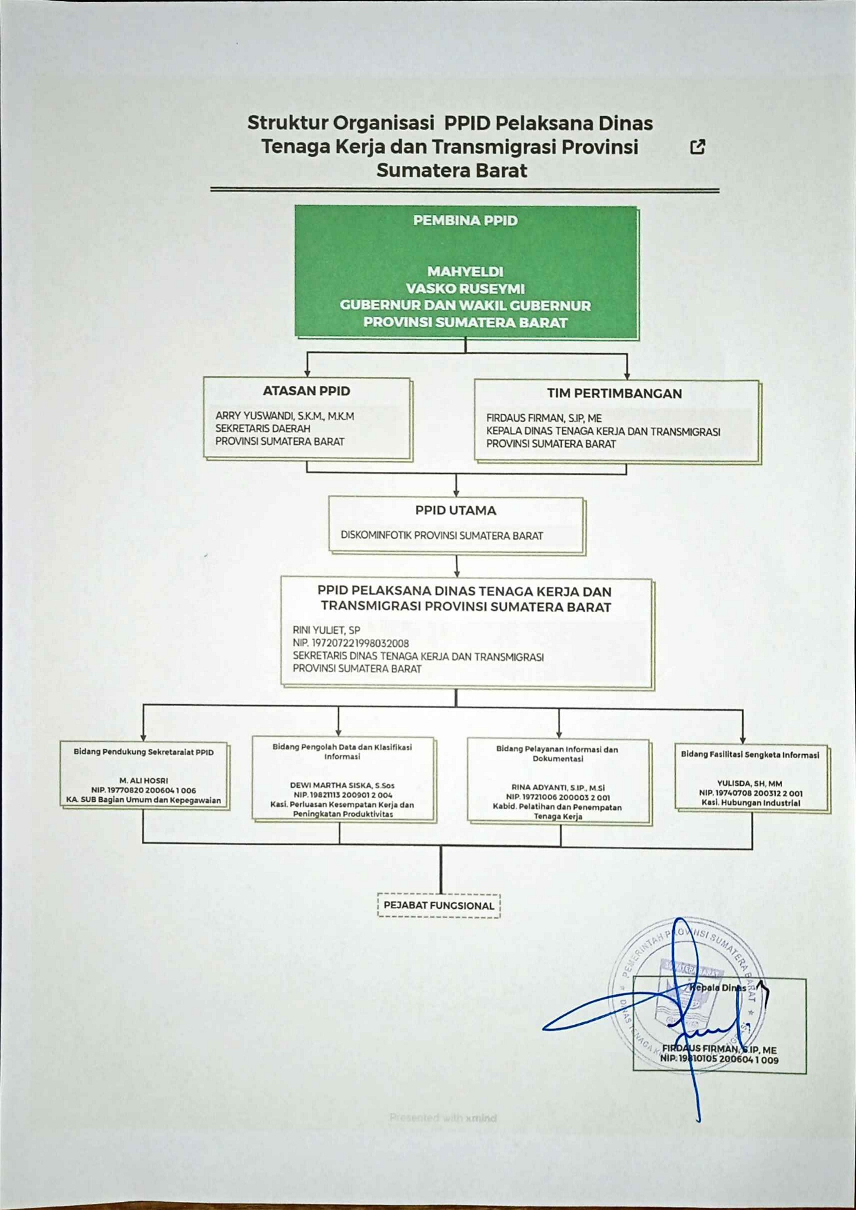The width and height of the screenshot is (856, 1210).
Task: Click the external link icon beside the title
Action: [697, 147]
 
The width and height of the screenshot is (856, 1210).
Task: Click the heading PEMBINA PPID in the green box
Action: [465, 220]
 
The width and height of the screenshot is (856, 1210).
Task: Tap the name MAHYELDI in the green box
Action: [465, 271]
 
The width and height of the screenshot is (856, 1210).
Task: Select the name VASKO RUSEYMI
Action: [465, 289]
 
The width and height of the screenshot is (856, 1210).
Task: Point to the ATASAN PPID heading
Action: [306, 391]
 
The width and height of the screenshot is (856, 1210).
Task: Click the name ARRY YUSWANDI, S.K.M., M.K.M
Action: [285, 416]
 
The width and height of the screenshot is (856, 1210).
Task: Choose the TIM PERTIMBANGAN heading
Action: [614, 394]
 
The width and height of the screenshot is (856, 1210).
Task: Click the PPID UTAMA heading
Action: [456, 510]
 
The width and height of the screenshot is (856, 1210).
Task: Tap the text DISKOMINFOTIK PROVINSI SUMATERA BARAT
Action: [442, 536]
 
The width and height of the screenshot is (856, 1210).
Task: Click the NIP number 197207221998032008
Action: [351, 643]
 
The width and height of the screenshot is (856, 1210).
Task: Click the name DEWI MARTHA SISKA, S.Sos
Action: [342, 785]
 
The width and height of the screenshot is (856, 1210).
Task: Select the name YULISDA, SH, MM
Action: [749, 784]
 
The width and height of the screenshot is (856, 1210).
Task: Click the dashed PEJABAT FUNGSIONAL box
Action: [439, 906]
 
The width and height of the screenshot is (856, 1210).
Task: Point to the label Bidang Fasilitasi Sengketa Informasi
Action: [750, 755]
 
